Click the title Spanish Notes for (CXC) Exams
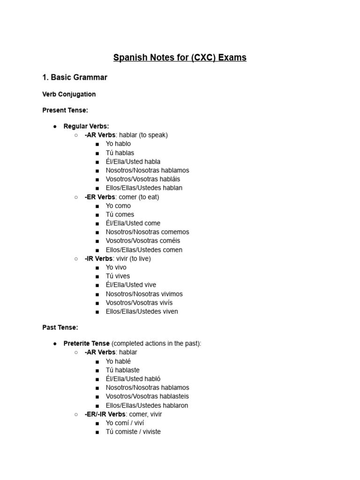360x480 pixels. pos(180,58)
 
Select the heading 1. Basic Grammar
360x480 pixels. pos(75,77)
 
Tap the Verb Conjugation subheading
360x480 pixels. pos(69,94)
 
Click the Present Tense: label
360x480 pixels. pos(65,110)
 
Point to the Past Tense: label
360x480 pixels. pos(60,327)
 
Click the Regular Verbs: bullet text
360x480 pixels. pos(86,127)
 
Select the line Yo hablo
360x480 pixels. pos(118,144)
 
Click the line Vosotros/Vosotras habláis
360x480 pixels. pos(142,179)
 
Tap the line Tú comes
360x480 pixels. pos(120,214)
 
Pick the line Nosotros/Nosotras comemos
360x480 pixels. pos(147,232)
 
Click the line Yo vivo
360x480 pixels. pos(116,267)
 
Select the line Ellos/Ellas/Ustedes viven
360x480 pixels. pos(142,311)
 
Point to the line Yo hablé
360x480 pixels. pos(118,361)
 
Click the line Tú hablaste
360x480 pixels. pos(122,370)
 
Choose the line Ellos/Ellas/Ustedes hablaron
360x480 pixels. pos(147,405)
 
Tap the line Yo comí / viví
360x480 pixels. pos(125,423)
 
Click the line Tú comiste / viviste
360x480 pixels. pos(133,432)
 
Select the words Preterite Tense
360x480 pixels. pos(86,344)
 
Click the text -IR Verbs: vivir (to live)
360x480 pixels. pos(118,259)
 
